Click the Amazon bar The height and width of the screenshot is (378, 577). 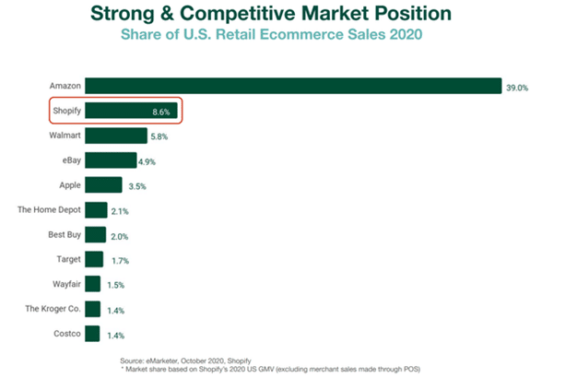point(293,86)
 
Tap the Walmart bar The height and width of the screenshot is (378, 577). point(116,136)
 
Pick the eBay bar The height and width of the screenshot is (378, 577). point(111,160)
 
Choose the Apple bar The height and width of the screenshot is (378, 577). point(103,185)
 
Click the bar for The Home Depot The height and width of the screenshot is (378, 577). point(96,209)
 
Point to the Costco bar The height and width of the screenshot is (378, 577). point(92,334)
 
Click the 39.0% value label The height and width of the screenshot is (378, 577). point(518,87)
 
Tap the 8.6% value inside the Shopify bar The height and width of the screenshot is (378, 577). point(163,112)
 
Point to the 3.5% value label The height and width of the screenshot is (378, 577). point(137,186)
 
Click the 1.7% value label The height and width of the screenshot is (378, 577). point(120,260)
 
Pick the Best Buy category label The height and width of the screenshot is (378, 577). point(64,234)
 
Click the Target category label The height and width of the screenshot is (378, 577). point(67,259)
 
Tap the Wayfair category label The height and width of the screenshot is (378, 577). point(65,284)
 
